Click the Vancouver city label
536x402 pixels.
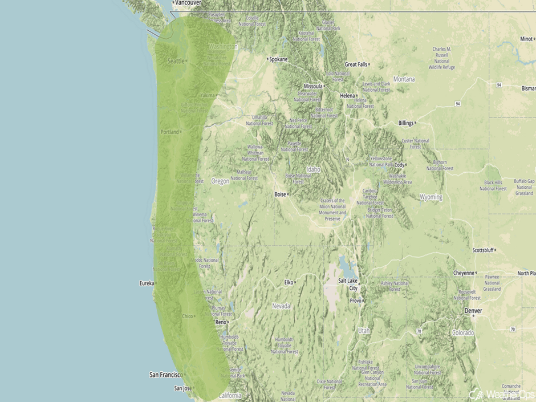pos(188,3)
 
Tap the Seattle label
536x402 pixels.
pos(176,61)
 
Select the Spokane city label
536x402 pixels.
pos(278,59)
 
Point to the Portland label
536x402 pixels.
pos(169,132)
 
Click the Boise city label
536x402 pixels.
pos(280,194)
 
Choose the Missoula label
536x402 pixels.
pos(313,86)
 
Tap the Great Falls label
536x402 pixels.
pos(356,64)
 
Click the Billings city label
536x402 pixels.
pos(405,123)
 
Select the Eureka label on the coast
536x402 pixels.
pos(147,283)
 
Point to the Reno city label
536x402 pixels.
pos(220,322)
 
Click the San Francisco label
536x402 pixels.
pos(165,375)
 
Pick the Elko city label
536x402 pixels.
pos(289,282)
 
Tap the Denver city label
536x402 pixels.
pos(473,311)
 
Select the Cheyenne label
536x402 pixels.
pos(464,273)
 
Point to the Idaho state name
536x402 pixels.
pos(314,169)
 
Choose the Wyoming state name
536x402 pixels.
pos(431,197)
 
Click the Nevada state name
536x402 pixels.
pos(281,306)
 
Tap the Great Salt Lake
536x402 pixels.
pos(346,266)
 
